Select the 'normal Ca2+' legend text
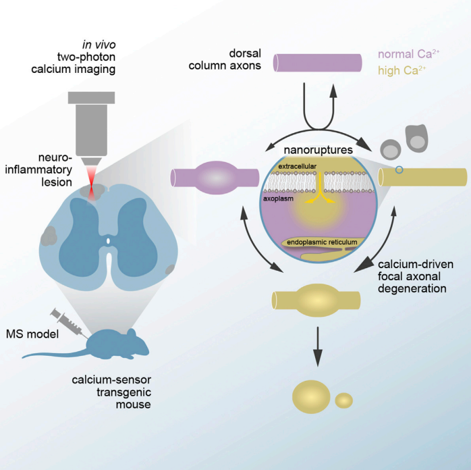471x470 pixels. click(408, 54)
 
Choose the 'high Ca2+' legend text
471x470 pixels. click(402, 70)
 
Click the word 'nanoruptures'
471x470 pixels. click(318, 150)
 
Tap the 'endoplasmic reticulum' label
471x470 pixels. click(322, 242)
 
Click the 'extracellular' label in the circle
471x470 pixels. click(298, 166)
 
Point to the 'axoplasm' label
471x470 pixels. click(278, 199)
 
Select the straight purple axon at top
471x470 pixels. click(318, 63)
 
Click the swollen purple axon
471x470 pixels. click(215, 178)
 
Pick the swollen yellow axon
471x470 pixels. click(316, 301)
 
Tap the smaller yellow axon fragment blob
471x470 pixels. click(344, 400)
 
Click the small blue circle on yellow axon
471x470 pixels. click(399, 170)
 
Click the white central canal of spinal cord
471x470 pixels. click(109, 241)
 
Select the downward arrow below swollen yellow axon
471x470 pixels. click(318, 346)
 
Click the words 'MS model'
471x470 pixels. click(32, 334)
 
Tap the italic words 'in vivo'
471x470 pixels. click(99, 45)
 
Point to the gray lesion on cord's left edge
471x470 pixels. click(48, 236)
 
